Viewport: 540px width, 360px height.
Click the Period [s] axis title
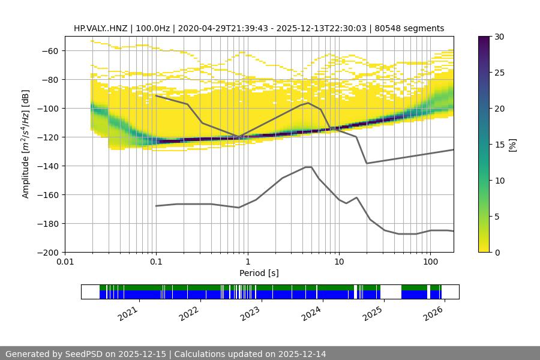point(259,273)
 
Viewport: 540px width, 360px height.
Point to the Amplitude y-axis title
point(25,144)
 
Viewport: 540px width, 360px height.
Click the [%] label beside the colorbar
point(512,145)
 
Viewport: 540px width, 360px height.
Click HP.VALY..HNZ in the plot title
point(103,28)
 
